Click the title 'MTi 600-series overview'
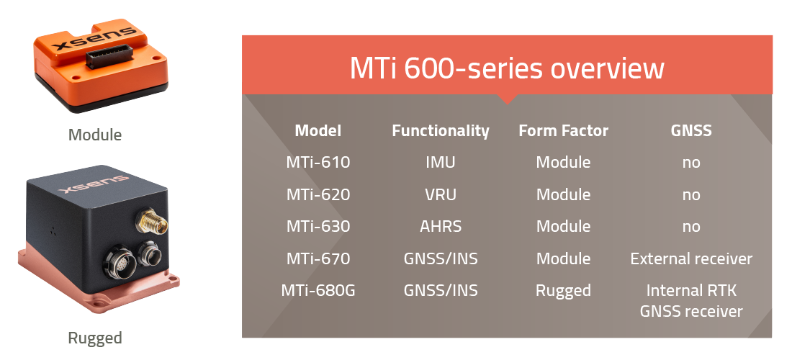coord(506,69)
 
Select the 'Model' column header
coord(318,131)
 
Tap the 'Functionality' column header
coord(440,131)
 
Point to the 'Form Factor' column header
coord(563,131)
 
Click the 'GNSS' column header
coord(690,131)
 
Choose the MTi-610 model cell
coord(318,163)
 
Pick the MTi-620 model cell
coord(318,195)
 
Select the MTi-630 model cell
coord(318,227)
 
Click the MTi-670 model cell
coord(318,259)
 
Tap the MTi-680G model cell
coord(318,291)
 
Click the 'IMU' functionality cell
coord(440,163)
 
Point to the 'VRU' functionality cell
coord(440,195)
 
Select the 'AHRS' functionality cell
coord(440,227)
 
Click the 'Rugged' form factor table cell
coord(563,291)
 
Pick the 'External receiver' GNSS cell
coord(690,259)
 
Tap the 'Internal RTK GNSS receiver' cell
coord(690,301)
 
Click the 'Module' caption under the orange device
coord(95,135)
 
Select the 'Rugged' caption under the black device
coord(95,338)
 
